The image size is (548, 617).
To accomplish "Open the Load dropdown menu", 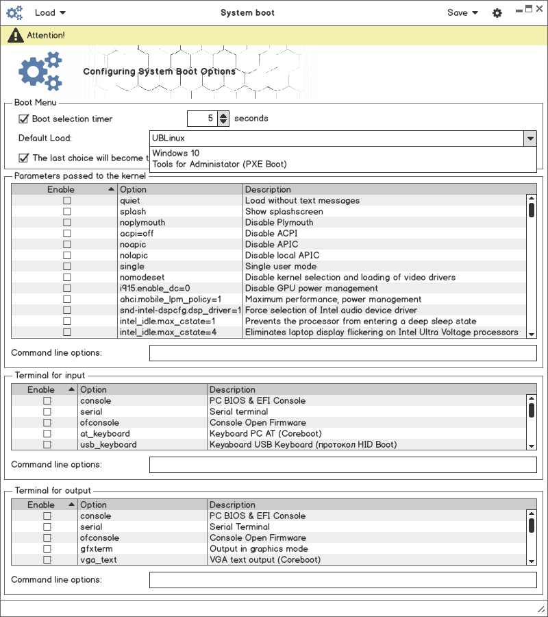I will coord(50,12).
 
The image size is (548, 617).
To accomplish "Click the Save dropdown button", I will coord(462,12).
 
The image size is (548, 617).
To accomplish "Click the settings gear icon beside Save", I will coord(497,13).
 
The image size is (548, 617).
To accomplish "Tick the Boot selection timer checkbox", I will coord(24,119).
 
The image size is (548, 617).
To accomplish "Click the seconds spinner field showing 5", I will coord(202,119).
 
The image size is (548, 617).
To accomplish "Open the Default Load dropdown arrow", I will coord(530,138).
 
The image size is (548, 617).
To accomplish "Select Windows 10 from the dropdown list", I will coord(176,153).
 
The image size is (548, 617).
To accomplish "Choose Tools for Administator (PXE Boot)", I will coord(219,164).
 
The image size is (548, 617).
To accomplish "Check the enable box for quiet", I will coord(67,201).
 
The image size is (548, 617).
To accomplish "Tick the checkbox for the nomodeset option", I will coord(67,278).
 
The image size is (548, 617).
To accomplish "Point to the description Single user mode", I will coord(281,266).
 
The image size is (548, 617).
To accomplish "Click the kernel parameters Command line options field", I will coord(342,353).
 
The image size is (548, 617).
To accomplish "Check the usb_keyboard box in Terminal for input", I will coord(47,445).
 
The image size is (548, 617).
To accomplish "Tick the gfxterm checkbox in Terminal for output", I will coord(47,549).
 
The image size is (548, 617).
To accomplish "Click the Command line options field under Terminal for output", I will coord(342,580).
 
